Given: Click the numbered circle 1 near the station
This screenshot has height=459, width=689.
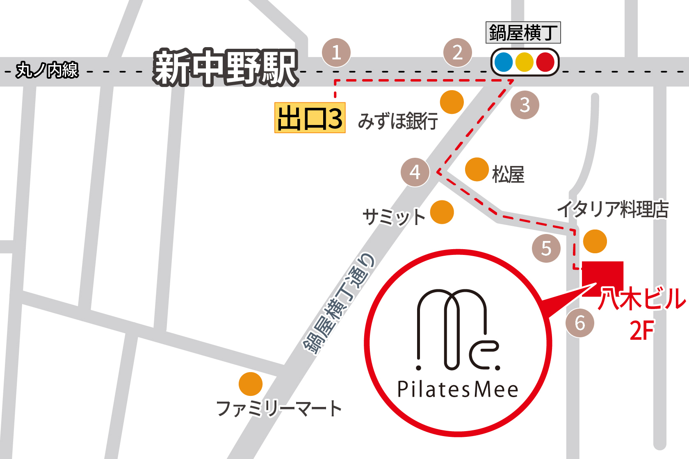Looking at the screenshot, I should point(336,52).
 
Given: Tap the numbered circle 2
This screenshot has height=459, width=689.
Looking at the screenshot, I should point(458,52).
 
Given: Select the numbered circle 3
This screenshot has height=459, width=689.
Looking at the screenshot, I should point(525,105).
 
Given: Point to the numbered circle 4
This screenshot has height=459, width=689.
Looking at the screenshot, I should point(415,172).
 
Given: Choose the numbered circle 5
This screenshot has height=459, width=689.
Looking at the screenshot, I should point(546,248).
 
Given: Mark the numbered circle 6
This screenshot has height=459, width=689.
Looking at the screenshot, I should point(580,323).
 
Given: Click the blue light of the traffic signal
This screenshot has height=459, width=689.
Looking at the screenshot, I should point(504,62).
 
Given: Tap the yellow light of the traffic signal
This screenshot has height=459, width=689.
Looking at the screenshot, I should point(525,62).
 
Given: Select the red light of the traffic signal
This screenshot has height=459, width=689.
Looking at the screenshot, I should point(545,62).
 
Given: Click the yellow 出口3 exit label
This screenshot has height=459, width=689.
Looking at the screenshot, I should point(310,118).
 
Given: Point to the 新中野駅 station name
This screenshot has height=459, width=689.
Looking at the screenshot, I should point(226,68).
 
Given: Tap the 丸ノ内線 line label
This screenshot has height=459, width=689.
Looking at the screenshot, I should point(47,70).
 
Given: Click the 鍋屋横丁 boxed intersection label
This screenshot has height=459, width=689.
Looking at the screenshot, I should point(523,33).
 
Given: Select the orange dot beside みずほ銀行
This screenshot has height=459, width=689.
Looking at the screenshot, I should point(452,102).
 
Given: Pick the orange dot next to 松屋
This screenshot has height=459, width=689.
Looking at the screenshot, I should point(477,169).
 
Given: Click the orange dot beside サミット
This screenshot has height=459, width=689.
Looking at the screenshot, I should point(442,212).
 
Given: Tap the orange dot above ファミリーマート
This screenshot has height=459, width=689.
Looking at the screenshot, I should point(251,384).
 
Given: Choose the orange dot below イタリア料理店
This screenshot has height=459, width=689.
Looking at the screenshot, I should point(595,241).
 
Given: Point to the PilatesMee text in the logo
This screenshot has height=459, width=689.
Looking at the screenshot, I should point(458,389).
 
